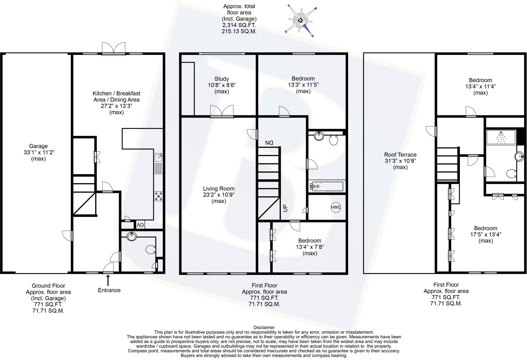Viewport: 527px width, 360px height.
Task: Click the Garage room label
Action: tap(38, 146)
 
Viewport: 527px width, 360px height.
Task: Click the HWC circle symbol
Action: tap(336, 207)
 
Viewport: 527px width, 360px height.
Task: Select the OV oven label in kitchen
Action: tap(140, 225)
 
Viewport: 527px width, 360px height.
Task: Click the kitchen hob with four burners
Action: tap(159, 196)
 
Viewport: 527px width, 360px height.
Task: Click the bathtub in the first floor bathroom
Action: tap(327, 186)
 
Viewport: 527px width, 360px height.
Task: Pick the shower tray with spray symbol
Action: tap(501, 137)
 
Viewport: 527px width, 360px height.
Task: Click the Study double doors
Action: tap(222, 112)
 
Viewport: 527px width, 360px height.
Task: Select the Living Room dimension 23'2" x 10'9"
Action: tap(219, 195)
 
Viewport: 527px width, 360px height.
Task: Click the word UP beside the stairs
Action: tap(285, 208)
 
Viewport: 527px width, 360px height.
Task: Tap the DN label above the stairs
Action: tap(269, 142)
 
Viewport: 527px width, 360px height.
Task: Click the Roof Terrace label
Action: tap(400, 155)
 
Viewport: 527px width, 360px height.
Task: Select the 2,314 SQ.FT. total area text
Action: tap(239, 25)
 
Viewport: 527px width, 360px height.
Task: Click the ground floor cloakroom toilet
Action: tap(150, 249)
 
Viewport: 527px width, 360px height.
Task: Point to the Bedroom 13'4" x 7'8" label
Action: tap(310, 241)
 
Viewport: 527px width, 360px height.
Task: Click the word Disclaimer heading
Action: tap(264, 328)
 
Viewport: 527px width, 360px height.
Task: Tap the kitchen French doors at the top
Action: tap(113, 49)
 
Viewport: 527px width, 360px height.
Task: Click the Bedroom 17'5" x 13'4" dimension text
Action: tap(486, 235)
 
